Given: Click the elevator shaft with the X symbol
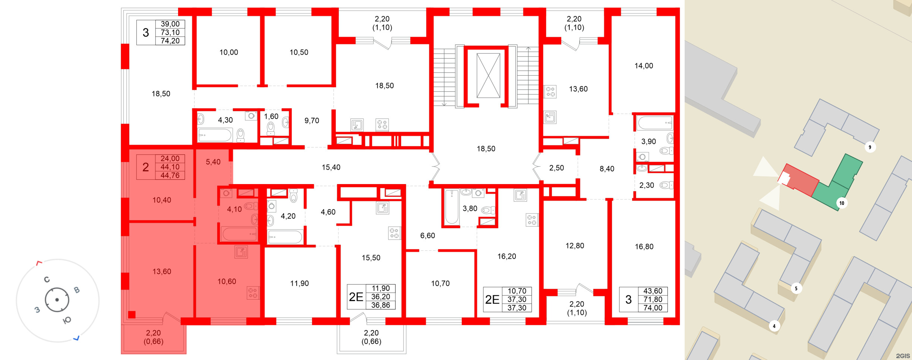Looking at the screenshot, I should (x=488, y=76).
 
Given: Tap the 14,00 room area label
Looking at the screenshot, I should (x=644, y=66).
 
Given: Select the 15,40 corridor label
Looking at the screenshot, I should (x=331, y=167).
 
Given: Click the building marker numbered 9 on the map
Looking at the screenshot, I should (x=870, y=147).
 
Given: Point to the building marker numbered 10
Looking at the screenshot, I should (x=842, y=203).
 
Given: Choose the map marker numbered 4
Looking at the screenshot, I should (x=774, y=326).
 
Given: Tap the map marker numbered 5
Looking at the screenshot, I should (x=796, y=288).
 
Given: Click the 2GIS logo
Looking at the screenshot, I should (x=903, y=356).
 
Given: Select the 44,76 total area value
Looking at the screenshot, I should (x=170, y=176).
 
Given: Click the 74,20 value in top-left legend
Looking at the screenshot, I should (x=170, y=41).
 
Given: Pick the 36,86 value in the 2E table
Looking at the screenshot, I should (x=381, y=305).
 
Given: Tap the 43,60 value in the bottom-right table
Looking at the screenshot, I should (x=653, y=291).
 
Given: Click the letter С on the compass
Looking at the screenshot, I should (x=47, y=280).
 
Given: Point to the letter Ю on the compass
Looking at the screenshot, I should (x=67, y=320).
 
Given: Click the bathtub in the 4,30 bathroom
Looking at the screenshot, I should (x=215, y=135).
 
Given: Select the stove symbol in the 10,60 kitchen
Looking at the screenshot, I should (x=253, y=293).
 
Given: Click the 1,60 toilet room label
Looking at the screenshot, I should (x=271, y=116).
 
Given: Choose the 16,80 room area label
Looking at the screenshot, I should (x=644, y=247).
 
